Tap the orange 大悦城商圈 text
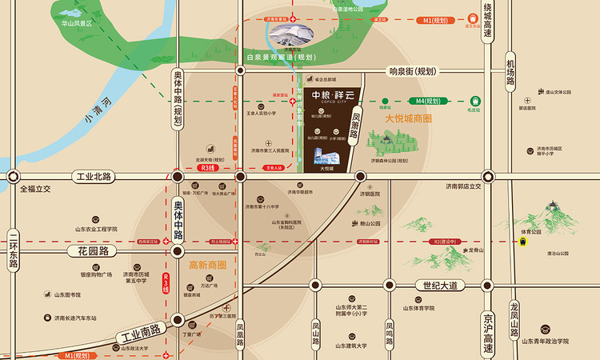coord(408,118)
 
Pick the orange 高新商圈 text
coord(207,265)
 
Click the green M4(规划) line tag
coord(429,102)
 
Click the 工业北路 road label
coord(94,176)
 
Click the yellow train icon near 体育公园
coord(523,244)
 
